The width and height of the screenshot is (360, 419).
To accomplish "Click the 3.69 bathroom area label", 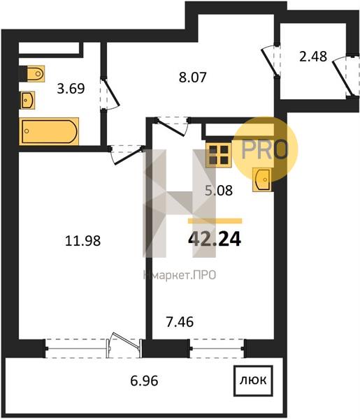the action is coord(71,89).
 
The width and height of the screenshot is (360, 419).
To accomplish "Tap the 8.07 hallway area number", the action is coord(192,78).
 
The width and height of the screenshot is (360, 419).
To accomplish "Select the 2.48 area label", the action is coord(313,57).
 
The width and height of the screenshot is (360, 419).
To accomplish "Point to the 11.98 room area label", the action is coord(83,240).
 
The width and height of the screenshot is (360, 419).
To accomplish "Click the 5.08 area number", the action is coord(219,191).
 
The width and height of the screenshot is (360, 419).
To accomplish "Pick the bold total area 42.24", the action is coord(215,239).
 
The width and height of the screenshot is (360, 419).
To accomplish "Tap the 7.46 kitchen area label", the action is coord(180,322).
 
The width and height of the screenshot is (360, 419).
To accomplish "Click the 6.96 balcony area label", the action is coord(145,381).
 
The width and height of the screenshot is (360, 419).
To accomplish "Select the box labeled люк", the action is coord(253,381).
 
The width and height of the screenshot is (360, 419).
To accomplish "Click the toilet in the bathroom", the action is coord(32,73).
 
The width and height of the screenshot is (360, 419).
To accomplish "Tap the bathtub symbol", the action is coord(49,131).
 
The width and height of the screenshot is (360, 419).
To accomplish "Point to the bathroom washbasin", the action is coord(28,100).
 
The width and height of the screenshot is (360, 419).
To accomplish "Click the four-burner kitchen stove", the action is coord(219,155).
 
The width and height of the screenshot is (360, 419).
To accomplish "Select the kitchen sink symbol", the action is coord(262,180).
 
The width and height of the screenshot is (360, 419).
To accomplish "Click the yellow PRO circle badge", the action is coord(265,149).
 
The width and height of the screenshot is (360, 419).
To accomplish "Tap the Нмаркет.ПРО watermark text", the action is coord(180,275).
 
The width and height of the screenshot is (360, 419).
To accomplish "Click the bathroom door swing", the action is coord(110,94).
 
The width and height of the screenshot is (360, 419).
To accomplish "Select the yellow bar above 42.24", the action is coord(215,221).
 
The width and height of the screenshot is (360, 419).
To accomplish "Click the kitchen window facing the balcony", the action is coord(217,348).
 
